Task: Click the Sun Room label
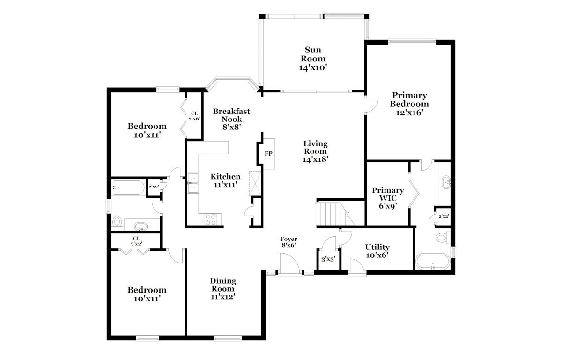point(313,54)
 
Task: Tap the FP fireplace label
point(268,153)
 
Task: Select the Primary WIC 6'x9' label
point(388,198)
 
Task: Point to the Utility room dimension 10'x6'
point(377,255)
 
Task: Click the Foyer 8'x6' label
point(288,242)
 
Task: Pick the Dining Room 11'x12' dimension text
point(223,297)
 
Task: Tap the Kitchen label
point(225,177)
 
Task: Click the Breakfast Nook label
point(231,115)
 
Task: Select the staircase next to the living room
point(335,214)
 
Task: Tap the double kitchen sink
point(193,183)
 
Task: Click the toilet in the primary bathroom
point(443,238)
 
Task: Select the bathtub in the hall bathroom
point(128,187)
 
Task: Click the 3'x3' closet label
point(328,259)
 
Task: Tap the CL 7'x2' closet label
point(136,241)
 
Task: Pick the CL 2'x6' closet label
point(194,116)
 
